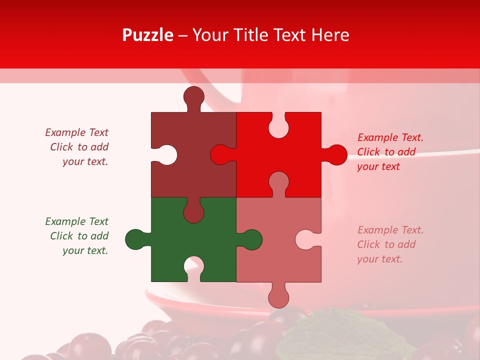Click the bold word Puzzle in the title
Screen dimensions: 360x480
pyautogui.click(x=147, y=35)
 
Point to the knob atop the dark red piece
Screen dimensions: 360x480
pyautogui.click(x=193, y=96)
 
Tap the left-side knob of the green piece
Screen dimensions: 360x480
pyautogui.click(x=135, y=239)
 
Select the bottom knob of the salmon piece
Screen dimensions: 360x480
pyautogui.click(x=278, y=298)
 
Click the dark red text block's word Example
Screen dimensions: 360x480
pyautogui.click(x=65, y=132)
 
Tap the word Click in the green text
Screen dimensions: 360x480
pyautogui.click(x=62, y=236)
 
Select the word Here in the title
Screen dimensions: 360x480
pyautogui.click(x=330, y=35)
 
